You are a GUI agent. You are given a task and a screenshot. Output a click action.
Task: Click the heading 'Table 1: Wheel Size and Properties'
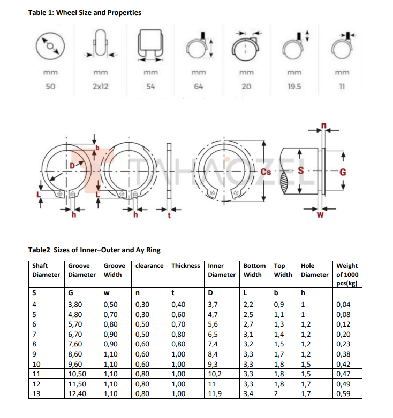tap(85, 12)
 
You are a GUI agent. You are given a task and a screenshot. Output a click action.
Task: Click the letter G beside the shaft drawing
tap(343, 172)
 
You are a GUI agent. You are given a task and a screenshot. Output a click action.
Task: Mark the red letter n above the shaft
tap(323, 126)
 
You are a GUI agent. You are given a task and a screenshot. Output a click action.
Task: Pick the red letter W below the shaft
tap(320, 216)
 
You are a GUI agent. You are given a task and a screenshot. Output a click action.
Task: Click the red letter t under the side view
tap(169, 216)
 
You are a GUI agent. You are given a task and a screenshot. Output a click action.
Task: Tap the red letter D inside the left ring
tap(72, 166)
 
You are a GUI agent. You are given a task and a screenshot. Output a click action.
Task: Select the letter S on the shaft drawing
tap(300, 172)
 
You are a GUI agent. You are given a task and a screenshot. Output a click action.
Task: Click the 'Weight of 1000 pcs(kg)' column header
tap(347, 274)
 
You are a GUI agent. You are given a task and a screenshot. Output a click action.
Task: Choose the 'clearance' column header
tap(149, 266)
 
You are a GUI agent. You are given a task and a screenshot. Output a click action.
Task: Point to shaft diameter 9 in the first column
tap(34, 353)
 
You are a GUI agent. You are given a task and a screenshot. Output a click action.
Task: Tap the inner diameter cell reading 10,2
tap(216, 374)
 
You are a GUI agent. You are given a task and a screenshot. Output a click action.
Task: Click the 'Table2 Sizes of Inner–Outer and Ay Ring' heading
tap(94, 250)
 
